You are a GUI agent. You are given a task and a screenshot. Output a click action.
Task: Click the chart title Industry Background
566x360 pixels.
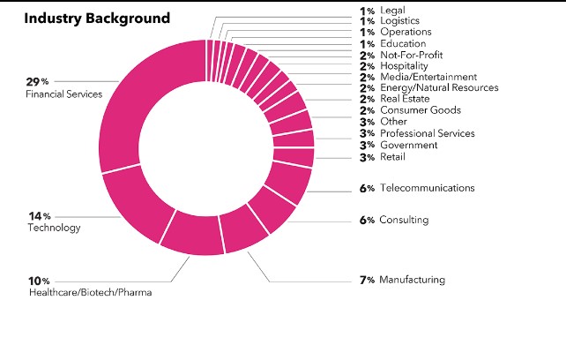tap(97, 18)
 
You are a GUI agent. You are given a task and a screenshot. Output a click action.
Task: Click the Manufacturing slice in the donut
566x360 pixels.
tap(242, 231)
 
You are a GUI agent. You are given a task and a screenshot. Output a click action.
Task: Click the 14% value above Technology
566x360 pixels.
tap(39, 216)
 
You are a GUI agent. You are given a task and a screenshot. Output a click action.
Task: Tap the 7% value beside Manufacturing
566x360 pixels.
tap(367, 280)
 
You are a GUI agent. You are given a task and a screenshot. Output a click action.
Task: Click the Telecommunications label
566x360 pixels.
tap(427, 188)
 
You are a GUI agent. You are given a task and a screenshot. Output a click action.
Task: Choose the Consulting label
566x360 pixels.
tap(404, 220)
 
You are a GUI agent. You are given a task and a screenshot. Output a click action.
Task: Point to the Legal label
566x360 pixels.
tap(393, 10)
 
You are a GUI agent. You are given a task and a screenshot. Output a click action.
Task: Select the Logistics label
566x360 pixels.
tap(399, 20)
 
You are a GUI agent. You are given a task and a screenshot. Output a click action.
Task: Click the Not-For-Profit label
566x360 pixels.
tap(405, 55)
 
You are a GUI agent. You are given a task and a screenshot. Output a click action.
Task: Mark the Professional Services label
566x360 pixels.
tap(427, 133)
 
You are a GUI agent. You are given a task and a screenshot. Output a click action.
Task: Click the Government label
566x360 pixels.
tap(408, 145)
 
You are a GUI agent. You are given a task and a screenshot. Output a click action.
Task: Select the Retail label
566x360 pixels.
tap(392, 157)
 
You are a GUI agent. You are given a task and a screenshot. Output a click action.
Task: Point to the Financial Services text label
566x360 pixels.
tap(64, 94)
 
